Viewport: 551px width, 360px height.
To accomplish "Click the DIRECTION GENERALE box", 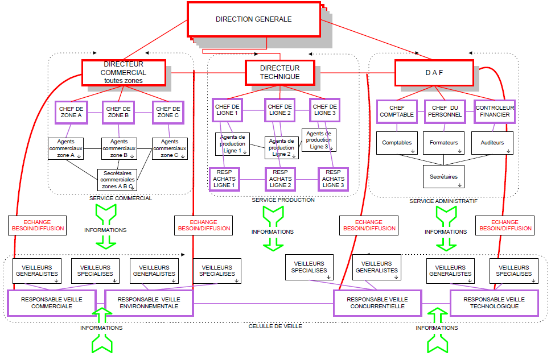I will tap(253, 19).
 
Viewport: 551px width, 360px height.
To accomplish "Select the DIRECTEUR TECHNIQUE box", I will tap(279, 72).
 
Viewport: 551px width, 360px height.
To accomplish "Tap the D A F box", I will tap(434, 73).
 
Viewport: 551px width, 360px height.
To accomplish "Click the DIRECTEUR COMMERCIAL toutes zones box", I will tap(123, 73).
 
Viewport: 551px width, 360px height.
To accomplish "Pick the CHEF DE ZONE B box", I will tap(118, 112).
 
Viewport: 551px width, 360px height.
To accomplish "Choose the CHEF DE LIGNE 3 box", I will tap(325, 110).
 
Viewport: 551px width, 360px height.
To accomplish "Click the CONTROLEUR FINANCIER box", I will tap(495, 111).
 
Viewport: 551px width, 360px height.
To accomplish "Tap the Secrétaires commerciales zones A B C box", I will tap(118, 179).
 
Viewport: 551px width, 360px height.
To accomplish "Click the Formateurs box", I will tap(444, 143).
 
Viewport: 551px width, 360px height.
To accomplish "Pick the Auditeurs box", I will tap(492, 143).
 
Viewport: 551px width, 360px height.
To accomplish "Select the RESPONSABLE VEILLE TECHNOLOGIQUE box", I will tap(491, 303).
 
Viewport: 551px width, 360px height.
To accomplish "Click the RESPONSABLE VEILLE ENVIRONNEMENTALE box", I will tap(149, 303).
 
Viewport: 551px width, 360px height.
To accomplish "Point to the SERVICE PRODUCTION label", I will tap(283, 200).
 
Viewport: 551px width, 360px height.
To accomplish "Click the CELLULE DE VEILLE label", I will tap(275, 326).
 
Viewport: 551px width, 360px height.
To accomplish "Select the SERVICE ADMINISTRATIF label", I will tap(443, 201).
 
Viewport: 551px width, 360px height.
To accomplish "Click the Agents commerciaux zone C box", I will tap(170, 148).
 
